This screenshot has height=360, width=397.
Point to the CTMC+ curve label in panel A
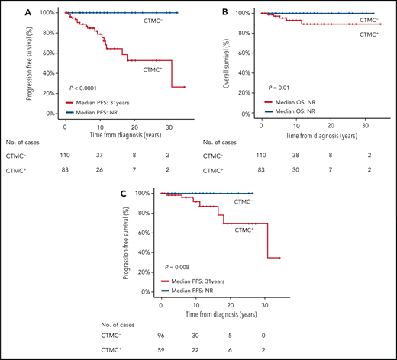152,70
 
